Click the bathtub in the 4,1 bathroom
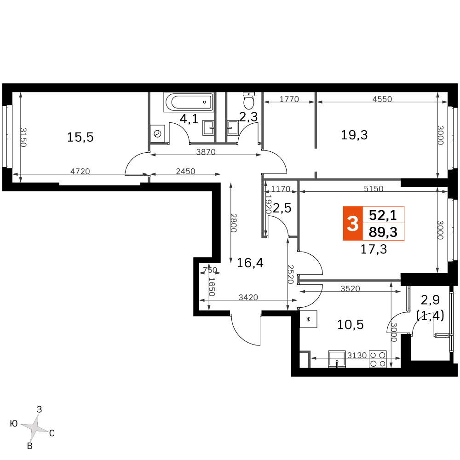click(x=188, y=102)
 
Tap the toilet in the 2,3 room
click(x=249, y=100)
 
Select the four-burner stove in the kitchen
click(x=378, y=359)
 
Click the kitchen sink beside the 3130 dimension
click(x=337, y=359)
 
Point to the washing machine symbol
click(x=157, y=134)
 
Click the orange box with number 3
click(x=353, y=224)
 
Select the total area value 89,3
click(x=383, y=232)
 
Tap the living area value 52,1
click(x=383, y=215)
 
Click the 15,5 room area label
click(x=80, y=137)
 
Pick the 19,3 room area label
click(x=354, y=135)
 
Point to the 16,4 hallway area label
click(x=250, y=263)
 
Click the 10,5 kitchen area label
click(x=350, y=325)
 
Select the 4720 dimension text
click(x=80, y=171)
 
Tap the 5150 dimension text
click(x=374, y=188)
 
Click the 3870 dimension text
click(x=206, y=152)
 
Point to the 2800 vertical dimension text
click(x=233, y=223)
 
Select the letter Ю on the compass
click(x=14, y=424)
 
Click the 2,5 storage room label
click(x=282, y=208)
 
